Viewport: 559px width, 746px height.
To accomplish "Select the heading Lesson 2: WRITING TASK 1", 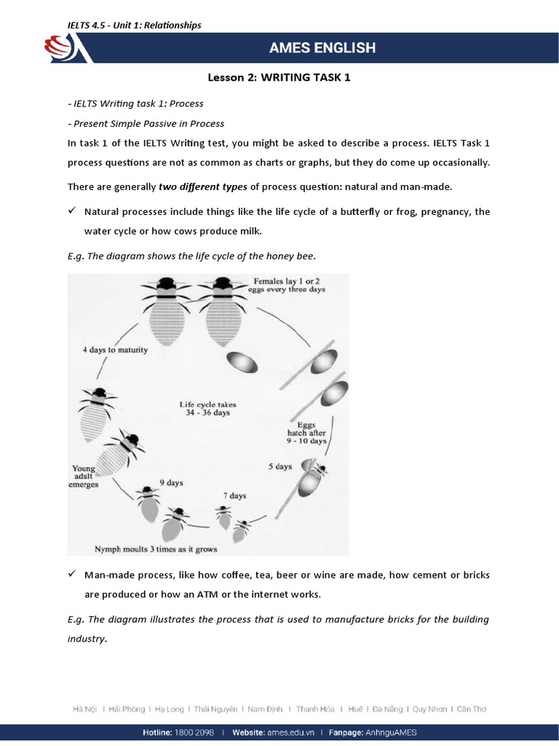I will click(279, 77).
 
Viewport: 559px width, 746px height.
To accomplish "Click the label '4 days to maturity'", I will click(114, 350).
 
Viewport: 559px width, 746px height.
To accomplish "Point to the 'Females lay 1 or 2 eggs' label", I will click(290, 284).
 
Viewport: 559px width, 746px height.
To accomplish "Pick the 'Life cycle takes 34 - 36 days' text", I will click(207, 408).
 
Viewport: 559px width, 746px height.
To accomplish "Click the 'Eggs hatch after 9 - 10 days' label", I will click(306, 432).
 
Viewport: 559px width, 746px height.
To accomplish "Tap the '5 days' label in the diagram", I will click(279, 466).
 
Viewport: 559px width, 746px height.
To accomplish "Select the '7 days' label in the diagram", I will click(234, 495).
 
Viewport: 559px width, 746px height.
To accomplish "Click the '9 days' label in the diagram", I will click(171, 482).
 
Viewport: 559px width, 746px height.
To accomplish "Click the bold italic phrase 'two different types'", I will click(203, 186).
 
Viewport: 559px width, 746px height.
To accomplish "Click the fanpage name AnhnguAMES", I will click(394, 733).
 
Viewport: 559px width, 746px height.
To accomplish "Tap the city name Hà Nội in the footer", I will click(85, 708).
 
